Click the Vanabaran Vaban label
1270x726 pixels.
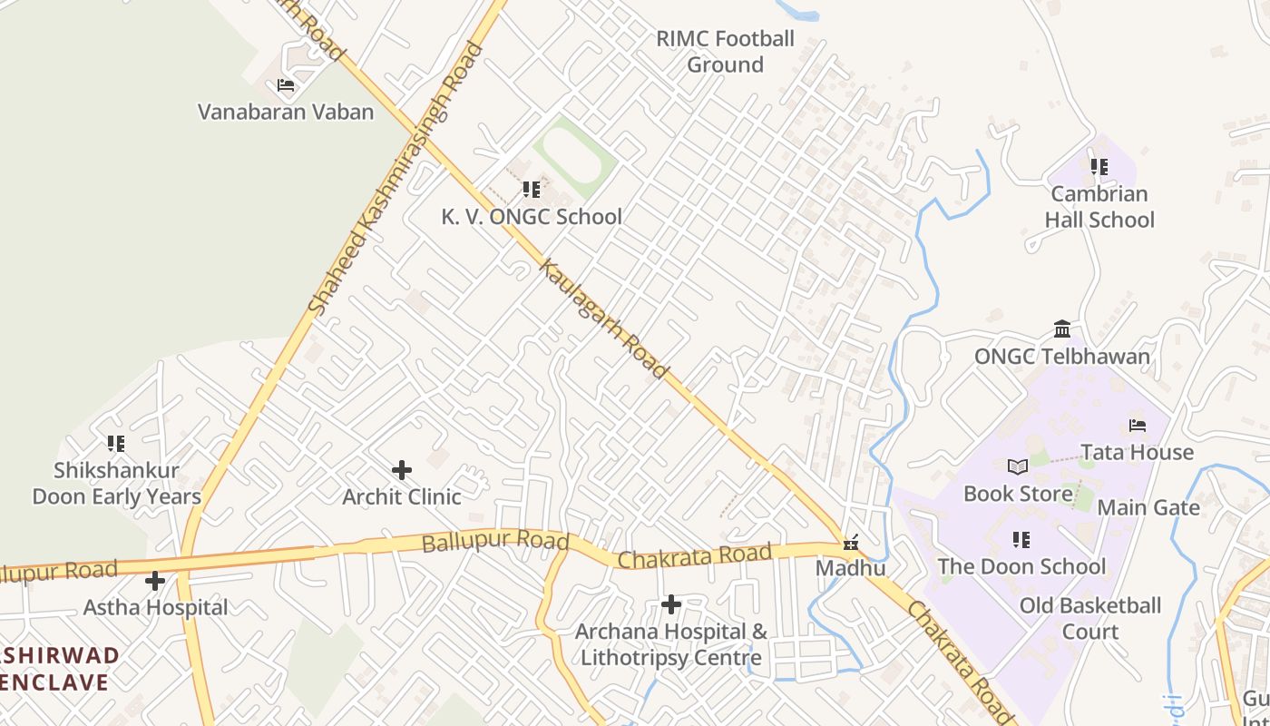click(286, 112)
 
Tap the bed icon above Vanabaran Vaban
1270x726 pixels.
click(286, 86)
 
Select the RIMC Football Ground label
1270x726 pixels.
click(725, 52)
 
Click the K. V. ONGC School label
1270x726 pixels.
click(532, 216)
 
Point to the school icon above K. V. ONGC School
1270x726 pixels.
click(532, 190)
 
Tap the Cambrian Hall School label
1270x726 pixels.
click(1099, 207)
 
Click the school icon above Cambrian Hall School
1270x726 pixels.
click(1099, 167)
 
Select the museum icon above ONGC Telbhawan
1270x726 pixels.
click(1062, 329)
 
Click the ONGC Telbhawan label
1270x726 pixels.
click(1062, 356)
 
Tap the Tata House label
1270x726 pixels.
click(1137, 452)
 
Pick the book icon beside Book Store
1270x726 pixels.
click(1018, 467)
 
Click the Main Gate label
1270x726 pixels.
click(1148, 507)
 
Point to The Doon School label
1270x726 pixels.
click(1021, 566)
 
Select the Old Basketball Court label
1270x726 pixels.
click(1090, 618)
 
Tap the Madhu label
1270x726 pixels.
click(851, 568)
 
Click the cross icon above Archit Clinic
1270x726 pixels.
click(402, 470)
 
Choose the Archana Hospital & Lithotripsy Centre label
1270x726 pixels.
click(671, 644)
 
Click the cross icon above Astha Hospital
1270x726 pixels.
click(155, 580)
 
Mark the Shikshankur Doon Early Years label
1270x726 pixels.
click(116, 484)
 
